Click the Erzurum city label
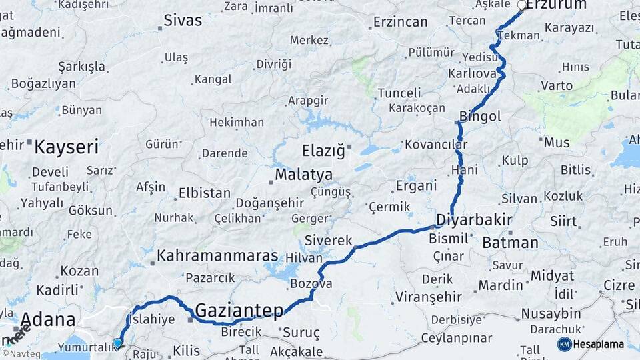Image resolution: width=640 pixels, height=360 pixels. click(556, 5)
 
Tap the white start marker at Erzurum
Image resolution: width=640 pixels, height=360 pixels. click(522, 5)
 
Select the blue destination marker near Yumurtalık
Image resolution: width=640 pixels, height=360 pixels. click(118, 343)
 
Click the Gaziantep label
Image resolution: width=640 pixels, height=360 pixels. click(239, 309)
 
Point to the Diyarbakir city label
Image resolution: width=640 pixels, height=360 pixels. click(474, 220)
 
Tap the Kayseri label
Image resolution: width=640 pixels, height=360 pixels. click(66, 147)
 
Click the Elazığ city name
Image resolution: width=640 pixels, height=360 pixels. click(323, 151)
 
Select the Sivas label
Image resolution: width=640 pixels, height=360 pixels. click(183, 21)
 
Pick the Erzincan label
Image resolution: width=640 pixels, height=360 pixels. click(400, 22)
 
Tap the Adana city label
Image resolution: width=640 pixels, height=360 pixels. click(47, 319)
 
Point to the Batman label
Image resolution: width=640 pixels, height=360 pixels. click(510, 243)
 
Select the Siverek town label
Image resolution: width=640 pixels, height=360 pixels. click(327, 239)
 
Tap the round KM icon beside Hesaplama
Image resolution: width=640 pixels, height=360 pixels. click(565, 344)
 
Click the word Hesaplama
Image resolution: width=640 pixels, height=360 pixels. click(599, 344)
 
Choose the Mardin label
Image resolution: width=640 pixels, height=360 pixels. click(501, 285)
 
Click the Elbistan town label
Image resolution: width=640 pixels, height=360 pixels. click(204, 194)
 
